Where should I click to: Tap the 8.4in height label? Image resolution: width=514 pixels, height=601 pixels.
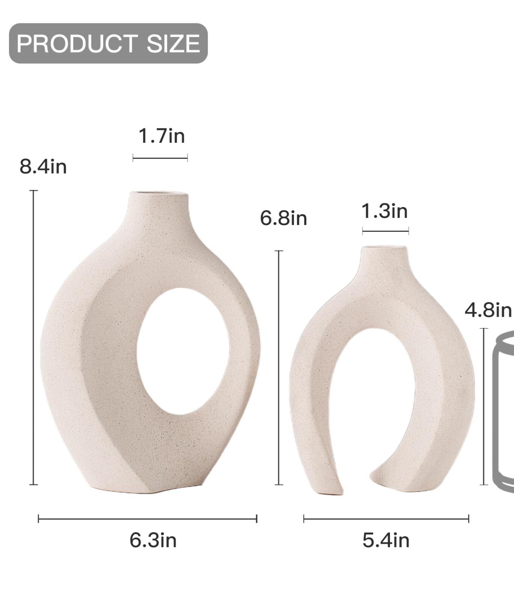point(43,166)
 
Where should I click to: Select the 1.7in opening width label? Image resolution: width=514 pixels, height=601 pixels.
point(162,136)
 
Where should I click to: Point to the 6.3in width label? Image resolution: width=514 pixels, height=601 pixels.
point(153,540)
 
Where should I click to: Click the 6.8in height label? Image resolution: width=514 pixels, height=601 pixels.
point(283,218)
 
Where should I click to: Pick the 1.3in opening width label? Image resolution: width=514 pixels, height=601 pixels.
point(384,211)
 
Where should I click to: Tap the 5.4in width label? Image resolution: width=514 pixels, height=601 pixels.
point(386,540)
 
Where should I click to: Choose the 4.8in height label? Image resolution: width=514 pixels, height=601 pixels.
point(488,310)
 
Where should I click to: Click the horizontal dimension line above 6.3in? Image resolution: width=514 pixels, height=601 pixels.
point(148,519)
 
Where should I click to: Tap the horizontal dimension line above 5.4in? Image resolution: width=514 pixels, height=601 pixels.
point(386,519)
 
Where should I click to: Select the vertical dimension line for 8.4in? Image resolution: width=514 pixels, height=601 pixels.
point(33,338)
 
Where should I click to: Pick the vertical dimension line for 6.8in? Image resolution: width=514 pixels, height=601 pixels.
point(279,368)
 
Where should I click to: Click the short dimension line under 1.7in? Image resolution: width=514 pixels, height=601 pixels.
point(160,158)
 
